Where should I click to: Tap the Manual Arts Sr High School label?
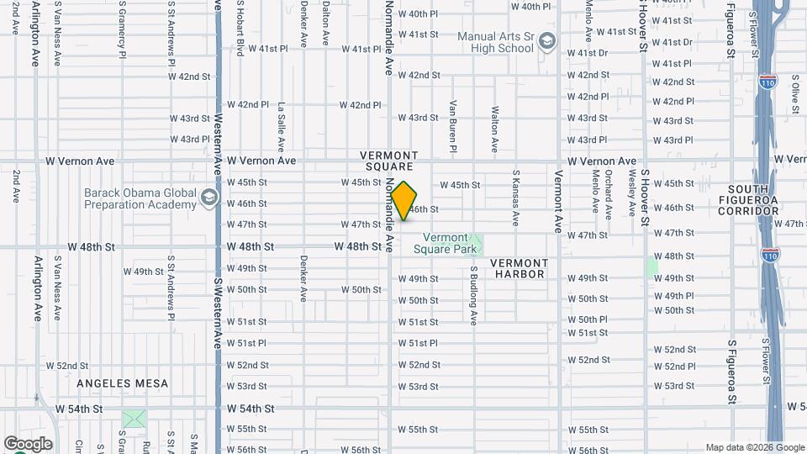495,42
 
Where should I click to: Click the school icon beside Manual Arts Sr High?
547,41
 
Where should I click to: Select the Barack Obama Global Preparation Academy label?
140,198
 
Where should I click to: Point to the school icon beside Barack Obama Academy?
208,198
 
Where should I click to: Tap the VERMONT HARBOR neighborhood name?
520,268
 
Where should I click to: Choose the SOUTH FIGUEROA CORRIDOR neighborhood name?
761,200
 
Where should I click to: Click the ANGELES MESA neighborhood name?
123,383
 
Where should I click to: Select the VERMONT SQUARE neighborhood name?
388,161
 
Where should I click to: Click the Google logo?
28,444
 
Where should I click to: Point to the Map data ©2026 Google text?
753,447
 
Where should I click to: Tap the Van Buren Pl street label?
452,126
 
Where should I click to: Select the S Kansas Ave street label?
515,198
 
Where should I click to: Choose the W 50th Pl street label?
587,319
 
